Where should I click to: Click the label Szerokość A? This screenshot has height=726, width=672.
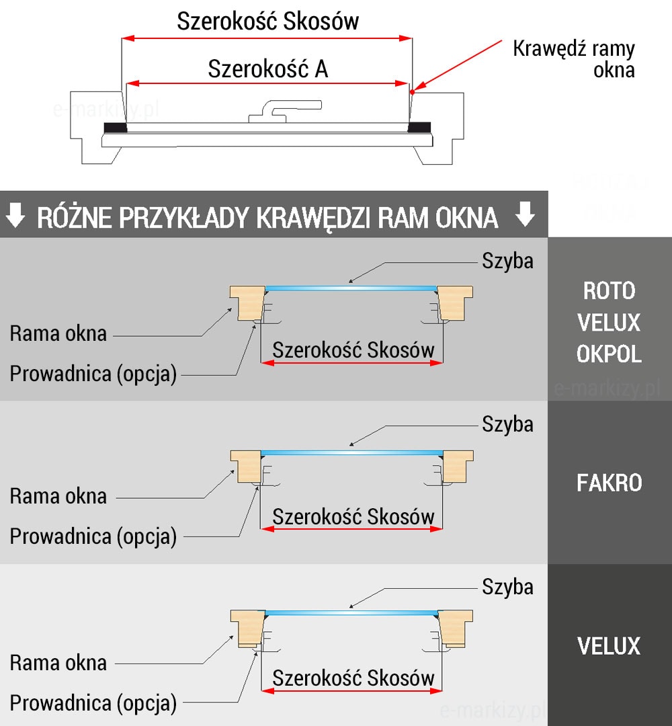click(x=268, y=69)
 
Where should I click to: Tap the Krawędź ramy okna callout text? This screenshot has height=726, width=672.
click(x=573, y=58)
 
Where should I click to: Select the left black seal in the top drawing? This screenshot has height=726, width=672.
click(x=115, y=127)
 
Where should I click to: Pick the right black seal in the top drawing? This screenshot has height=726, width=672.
click(x=419, y=126)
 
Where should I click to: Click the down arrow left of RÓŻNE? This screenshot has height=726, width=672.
click(x=15, y=216)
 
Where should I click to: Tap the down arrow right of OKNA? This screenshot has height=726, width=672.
click(x=525, y=214)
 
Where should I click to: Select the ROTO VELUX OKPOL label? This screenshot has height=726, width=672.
click(x=609, y=323)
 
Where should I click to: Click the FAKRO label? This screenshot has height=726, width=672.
click(x=609, y=483)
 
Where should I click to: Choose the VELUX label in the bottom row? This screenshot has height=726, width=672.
click(x=609, y=646)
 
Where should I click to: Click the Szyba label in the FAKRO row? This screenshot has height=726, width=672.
click(x=507, y=424)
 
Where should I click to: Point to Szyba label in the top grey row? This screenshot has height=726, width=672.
click(x=507, y=261)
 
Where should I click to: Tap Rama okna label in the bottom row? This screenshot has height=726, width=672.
click(x=58, y=663)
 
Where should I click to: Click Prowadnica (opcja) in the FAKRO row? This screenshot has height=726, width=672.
click(x=93, y=536)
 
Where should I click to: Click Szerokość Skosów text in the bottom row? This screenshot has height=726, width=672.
click(x=353, y=678)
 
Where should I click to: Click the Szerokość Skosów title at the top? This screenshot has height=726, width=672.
click(x=267, y=22)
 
